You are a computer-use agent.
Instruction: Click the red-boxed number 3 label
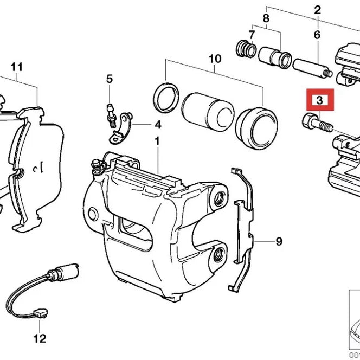(319, 100)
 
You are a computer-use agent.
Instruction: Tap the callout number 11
(17, 67)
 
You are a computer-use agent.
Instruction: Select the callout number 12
(39, 339)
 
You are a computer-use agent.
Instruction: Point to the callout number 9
(279, 241)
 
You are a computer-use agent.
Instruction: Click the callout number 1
(157, 142)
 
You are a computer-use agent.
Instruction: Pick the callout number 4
(158, 125)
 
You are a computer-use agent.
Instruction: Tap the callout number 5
(110, 79)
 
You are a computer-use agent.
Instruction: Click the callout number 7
(251, 35)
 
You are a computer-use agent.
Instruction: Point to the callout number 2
(317, 9)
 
